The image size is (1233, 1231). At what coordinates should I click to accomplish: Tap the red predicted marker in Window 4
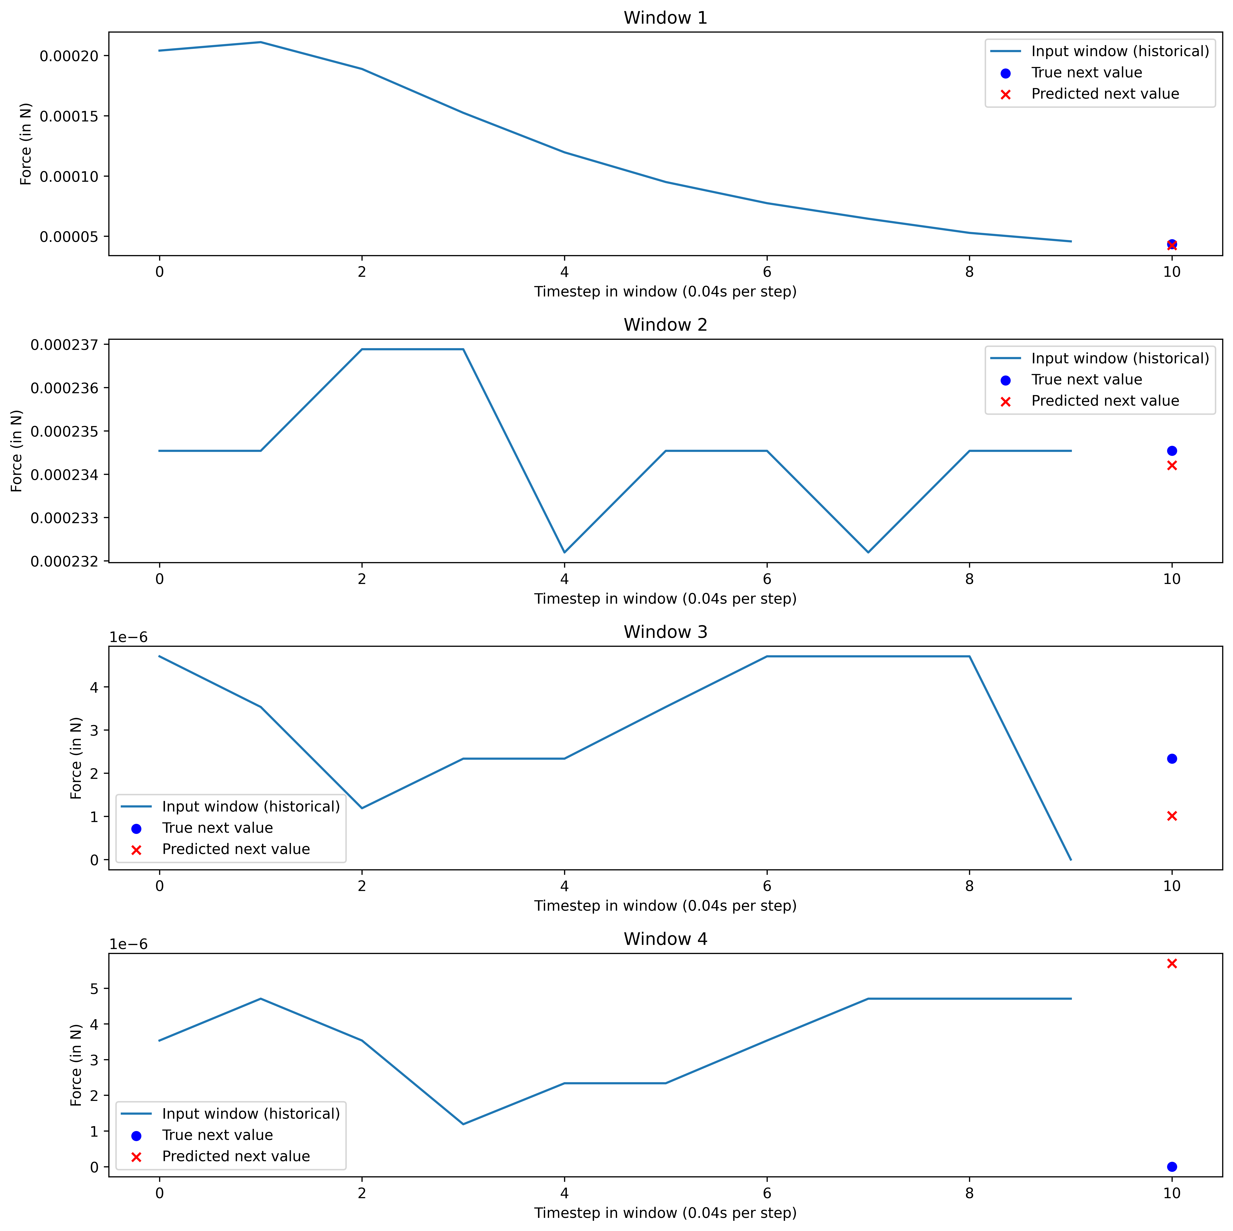[1172, 964]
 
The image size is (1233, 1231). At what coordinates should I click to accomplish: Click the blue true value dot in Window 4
[1172, 1167]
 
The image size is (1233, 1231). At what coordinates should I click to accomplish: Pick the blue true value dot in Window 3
[1172, 758]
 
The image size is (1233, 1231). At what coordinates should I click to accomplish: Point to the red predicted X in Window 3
[1172, 816]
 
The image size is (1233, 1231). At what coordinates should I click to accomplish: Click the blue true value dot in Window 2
[1172, 451]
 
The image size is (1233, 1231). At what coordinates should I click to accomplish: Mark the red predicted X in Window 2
[1172, 465]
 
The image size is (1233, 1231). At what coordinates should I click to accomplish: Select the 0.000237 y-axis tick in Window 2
[64, 345]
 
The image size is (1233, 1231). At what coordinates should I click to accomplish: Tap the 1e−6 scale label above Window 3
[128, 637]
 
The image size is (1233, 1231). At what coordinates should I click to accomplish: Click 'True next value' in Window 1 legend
[1086, 73]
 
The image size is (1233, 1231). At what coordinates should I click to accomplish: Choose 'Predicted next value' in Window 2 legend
[1105, 401]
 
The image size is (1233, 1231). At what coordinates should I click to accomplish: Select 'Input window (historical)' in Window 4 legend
[251, 1114]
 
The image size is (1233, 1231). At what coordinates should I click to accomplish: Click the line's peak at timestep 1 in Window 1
[260, 42]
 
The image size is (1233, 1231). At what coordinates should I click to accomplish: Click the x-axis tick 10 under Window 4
[1172, 1193]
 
